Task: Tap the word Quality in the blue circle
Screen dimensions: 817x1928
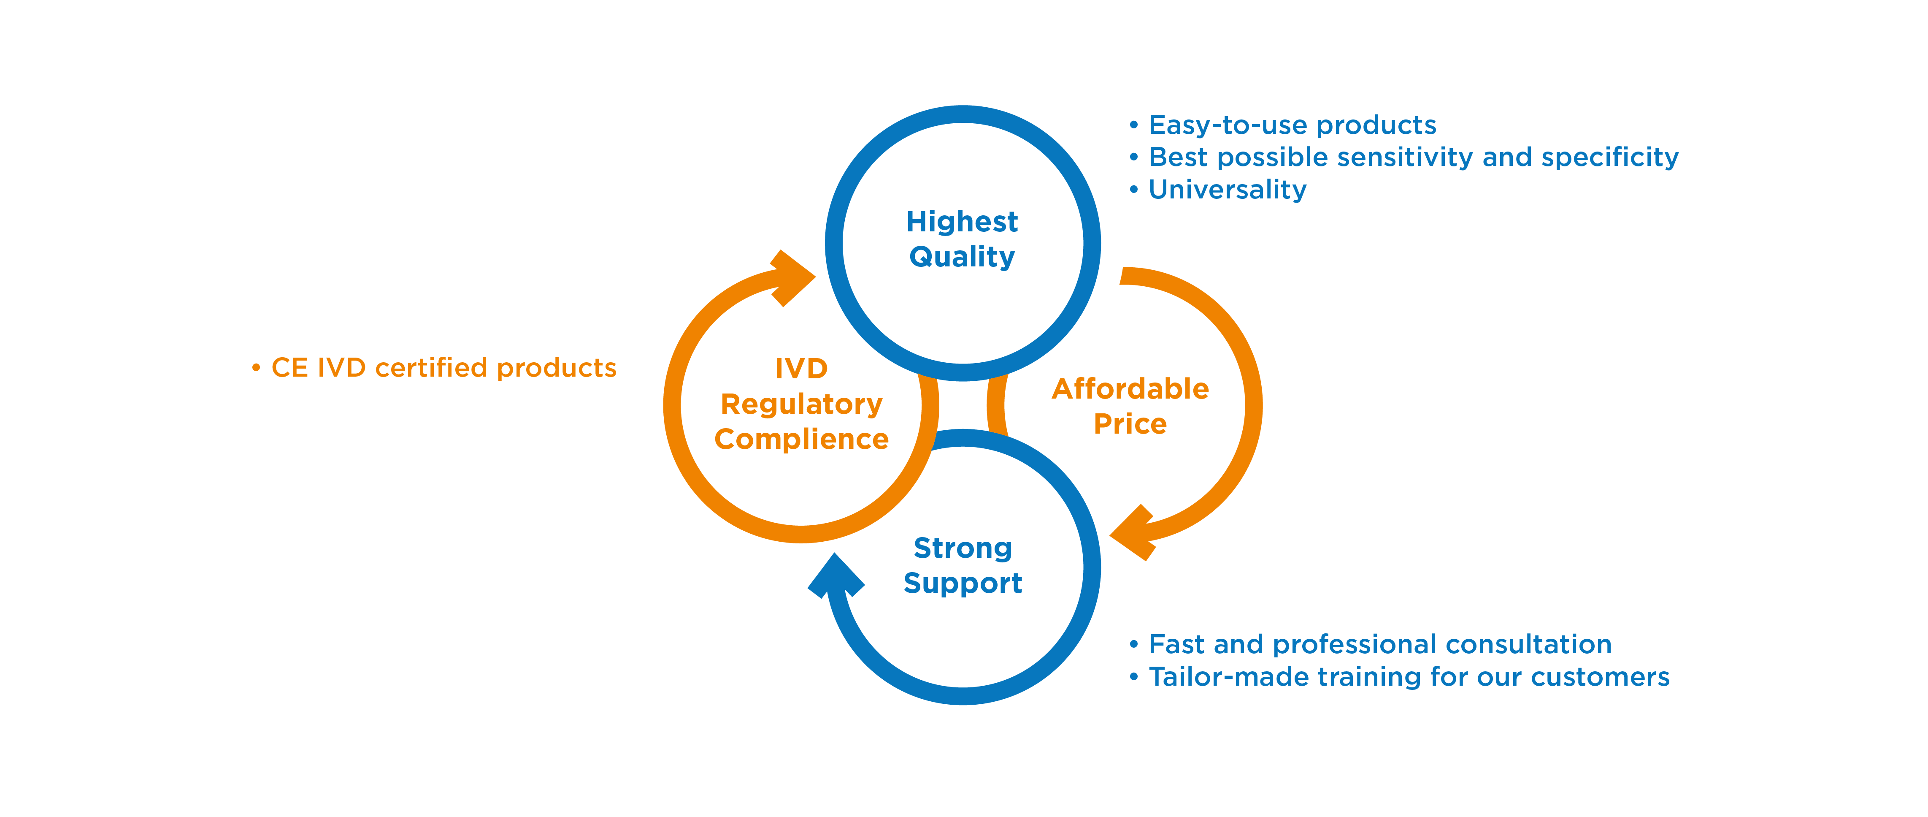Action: click(x=962, y=257)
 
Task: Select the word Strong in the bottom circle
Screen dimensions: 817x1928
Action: click(x=963, y=548)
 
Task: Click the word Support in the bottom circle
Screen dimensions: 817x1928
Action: click(x=963, y=584)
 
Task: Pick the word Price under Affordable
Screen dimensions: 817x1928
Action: click(x=1130, y=424)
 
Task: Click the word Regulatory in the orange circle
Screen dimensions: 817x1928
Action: click(x=802, y=404)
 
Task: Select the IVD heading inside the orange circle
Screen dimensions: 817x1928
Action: click(x=802, y=369)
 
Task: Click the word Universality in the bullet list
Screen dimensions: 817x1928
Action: click(x=1228, y=190)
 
